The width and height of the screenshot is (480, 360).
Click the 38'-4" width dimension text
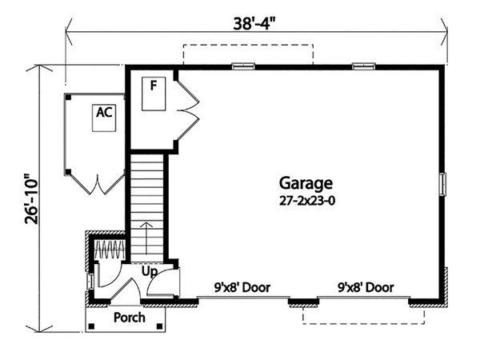point(252,23)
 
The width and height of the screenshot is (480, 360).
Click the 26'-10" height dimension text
point(32,199)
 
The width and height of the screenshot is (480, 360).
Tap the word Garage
point(306,183)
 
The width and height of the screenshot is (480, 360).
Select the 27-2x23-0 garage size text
point(307,201)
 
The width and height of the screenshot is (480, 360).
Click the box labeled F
point(154,94)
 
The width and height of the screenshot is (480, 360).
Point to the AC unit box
point(104,118)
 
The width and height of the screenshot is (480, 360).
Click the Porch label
point(129,318)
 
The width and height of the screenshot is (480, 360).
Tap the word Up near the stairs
point(150,271)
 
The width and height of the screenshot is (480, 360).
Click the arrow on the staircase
point(146,238)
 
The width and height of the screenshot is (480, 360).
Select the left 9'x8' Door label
point(242,287)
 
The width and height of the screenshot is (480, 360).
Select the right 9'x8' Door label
point(366,287)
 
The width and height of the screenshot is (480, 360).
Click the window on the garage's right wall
point(442,184)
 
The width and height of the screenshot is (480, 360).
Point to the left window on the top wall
point(243,66)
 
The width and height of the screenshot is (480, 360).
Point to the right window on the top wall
point(364,66)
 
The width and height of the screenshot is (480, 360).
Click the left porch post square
point(91,326)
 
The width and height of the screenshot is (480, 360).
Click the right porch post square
point(159,326)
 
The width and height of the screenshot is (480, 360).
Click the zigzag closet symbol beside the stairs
point(110,250)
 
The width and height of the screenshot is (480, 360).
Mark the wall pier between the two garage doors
point(304,302)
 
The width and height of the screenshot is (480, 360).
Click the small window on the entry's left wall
point(90,282)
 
